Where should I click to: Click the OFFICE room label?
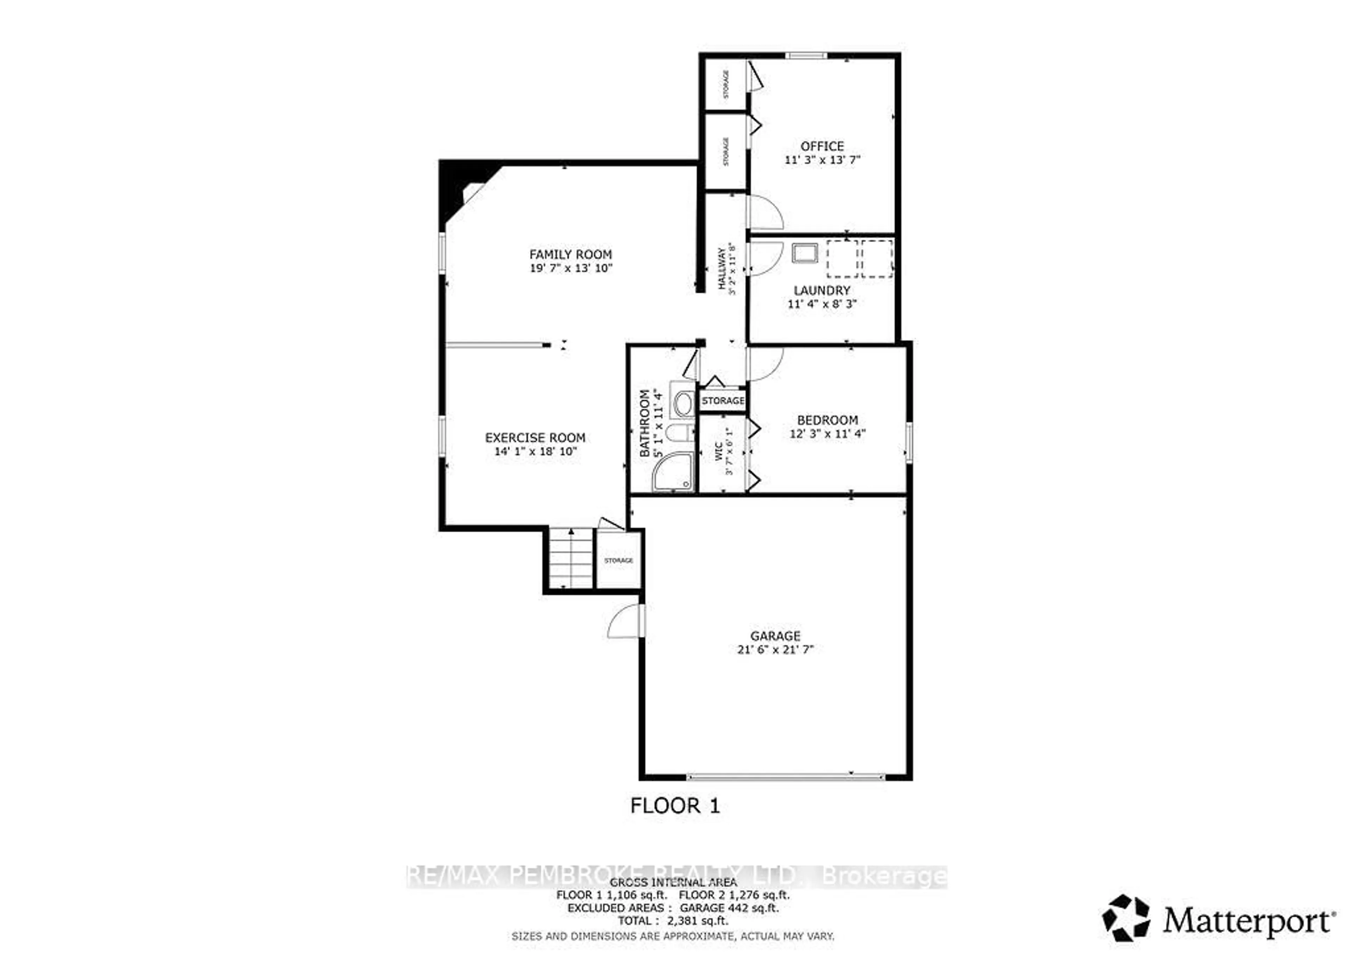pos(822,146)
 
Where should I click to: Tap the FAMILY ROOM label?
pos(570,254)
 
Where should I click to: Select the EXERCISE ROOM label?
pos(535,438)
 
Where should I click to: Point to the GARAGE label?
pos(775,636)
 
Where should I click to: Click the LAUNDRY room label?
pos(822,291)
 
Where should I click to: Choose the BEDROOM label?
pos(827,420)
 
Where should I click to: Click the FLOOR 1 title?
pos(675,806)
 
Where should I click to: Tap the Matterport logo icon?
pos(1125,918)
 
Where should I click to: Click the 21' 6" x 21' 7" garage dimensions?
pos(775,650)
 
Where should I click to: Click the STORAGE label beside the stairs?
pos(619,561)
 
